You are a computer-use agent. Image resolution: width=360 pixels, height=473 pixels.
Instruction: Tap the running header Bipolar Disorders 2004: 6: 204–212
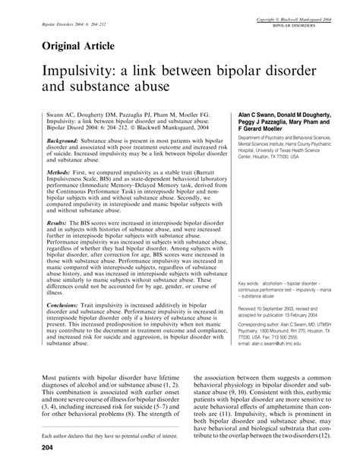click(x=67, y=24)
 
